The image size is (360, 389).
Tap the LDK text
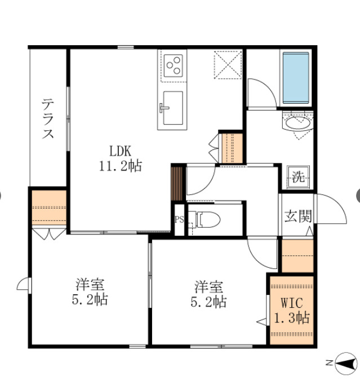[x=120, y=151]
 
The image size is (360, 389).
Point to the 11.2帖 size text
[x=120, y=166]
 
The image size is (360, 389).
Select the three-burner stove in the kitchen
[x=174, y=64]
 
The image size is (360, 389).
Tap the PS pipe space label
[x=179, y=219]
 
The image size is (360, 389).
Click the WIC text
[x=291, y=301]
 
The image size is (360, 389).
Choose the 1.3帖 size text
[x=291, y=317]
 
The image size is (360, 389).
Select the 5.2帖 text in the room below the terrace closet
[x=89, y=299]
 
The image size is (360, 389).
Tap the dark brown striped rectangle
[x=177, y=183]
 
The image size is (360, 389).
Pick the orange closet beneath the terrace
[x=49, y=208]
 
